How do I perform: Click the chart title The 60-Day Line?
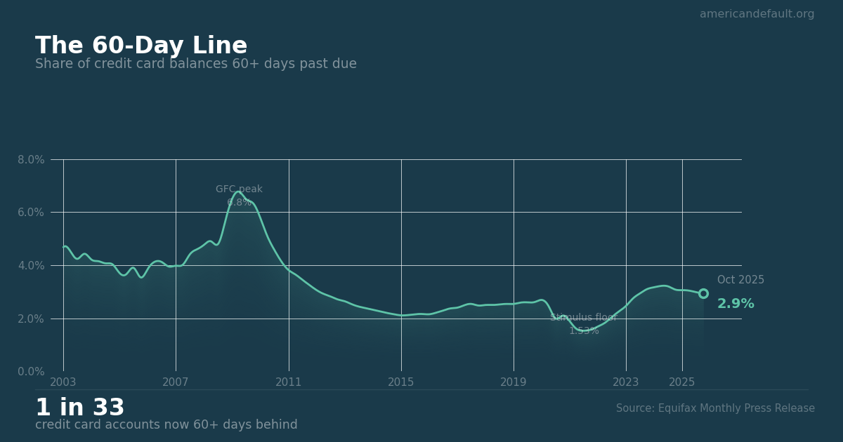[x=141, y=46]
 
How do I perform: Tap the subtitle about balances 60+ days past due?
[x=196, y=65]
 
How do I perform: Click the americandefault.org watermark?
[x=757, y=14]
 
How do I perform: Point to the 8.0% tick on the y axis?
[x=31, y=160]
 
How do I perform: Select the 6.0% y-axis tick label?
[x=31, y=213]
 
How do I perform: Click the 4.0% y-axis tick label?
[x=31, y=266]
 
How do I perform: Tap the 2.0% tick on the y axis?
[x=31, y=319]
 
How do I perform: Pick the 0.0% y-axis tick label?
[x=31, y=372]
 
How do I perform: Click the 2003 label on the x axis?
[x=63, y=382]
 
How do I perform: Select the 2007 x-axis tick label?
[x=176, y=382]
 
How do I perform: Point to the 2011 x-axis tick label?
[x=289, y=382]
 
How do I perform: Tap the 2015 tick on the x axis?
[x=401, y=382]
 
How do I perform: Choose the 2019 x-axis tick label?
[x=514, y=382]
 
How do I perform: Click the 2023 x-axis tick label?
[x=626, y=382]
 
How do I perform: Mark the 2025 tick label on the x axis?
[x=682, y=382]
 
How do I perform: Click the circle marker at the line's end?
[x=703, y=293]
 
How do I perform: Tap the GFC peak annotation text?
[x=239, y=189]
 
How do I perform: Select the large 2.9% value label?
[x=736, y=304]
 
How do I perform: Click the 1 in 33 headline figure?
[x=80, y=408]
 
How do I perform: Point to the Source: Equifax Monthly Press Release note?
[x=715, y=408]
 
